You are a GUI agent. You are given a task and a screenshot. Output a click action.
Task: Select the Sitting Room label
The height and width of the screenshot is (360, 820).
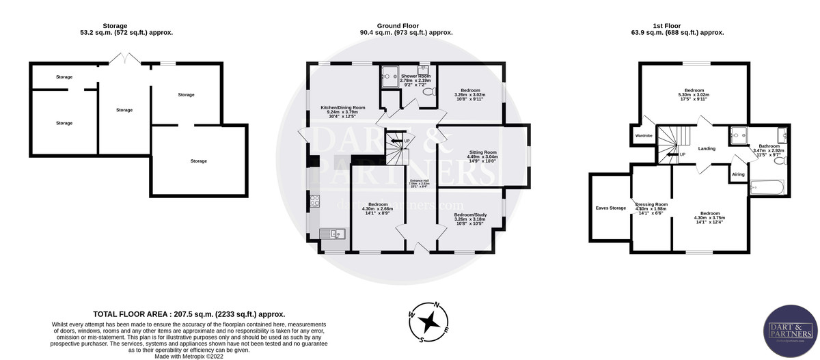[x=482, y=155]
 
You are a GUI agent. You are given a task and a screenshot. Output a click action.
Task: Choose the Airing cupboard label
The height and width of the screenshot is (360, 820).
[x=738, y=174]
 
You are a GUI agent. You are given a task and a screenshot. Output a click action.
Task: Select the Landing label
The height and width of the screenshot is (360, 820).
[x=707, y=148]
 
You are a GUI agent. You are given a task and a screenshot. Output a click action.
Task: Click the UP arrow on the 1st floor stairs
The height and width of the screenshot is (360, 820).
[x=676, y=154]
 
